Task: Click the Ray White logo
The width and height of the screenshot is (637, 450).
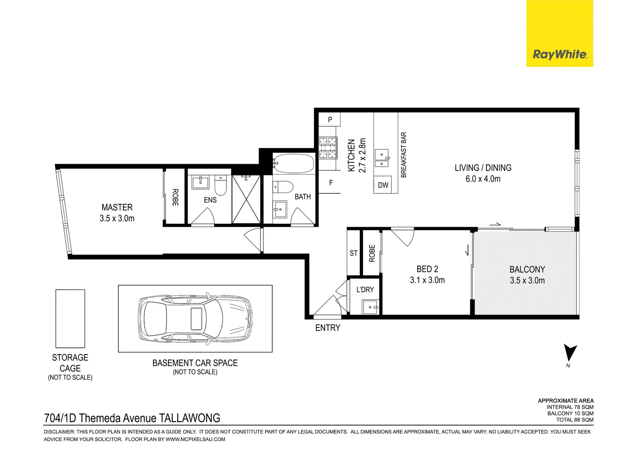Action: coord(559,34)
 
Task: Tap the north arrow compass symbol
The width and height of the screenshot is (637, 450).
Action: coord(570,353)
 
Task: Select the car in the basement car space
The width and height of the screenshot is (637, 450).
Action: coord(195,319)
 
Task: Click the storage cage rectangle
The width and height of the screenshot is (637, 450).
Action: coord(70,319)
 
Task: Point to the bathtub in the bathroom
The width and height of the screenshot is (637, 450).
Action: coord(293,163)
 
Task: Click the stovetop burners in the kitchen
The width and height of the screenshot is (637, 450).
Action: coord(328,148)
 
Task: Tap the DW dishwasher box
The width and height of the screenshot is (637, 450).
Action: coord(383,185)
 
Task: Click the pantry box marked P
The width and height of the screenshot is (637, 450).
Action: coord(329,120)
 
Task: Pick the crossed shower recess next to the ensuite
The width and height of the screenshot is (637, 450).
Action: coord(246,199)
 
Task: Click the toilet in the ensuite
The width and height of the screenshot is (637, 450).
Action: coord(221,185)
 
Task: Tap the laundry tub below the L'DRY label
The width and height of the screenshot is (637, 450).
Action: coord(371,307)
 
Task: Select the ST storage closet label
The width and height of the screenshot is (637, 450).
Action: coord(354,253)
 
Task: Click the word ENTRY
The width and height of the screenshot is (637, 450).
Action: coord(328,328)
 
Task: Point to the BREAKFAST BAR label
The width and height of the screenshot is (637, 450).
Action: coord(404,155)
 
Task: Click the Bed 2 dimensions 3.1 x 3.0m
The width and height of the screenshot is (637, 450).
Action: coord(427,280)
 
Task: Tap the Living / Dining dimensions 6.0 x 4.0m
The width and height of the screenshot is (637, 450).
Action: coord(483,179)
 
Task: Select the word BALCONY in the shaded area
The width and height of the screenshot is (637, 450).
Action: coord(527,269)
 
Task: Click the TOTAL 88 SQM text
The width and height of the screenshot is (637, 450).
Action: coord(575,420)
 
